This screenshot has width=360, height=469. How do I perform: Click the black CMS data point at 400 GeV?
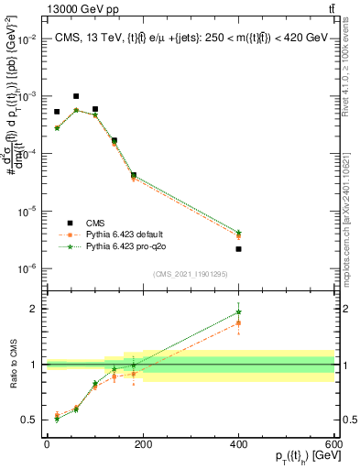tap(238, 249)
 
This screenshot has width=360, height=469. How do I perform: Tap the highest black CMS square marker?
tap(76, 96)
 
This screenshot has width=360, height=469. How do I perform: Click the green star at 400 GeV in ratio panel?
tap(238, 312)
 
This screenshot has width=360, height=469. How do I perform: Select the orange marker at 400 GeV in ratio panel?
tap(238, 322)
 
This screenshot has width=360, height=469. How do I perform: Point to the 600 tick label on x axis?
tap(333, 444)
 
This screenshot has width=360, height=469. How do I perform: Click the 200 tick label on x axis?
tap(142, 444)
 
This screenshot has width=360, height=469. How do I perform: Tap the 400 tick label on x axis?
tap(238, 444)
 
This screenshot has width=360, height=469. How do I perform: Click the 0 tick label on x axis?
tap(47, 444)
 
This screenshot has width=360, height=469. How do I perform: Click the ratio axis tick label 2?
tap(33, 309)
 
